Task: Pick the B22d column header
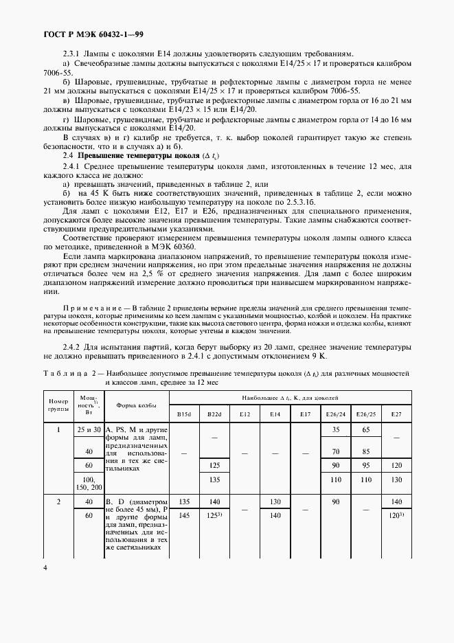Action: tap(214, 414)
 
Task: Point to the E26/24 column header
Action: tap(336, 414)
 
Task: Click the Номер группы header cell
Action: tap(58, 405)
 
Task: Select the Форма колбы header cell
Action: tap(137, 405)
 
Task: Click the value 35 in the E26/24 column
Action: tap(336, 429)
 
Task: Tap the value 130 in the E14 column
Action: tap(275, 502)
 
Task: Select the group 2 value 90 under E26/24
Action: tap(336, 502)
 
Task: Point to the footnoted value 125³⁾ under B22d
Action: tap(215, 515)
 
